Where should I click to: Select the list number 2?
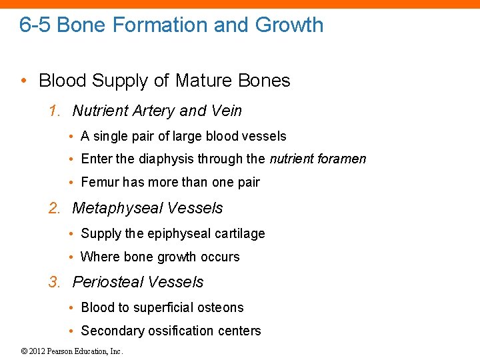[54, 208]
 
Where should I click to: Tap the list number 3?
[54, 282]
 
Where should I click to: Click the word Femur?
[99, 182]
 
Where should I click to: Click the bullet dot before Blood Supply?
[24, 81]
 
